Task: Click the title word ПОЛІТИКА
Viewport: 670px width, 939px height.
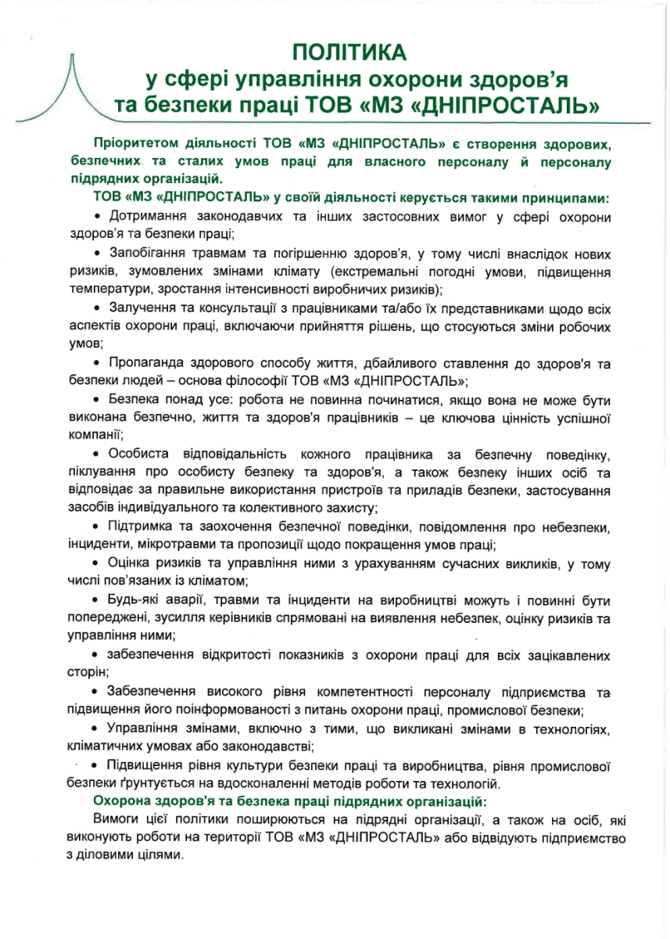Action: pyautogui.click(x=350, y=52)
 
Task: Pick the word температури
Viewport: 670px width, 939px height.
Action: pyautogui.click(x=104, y=289)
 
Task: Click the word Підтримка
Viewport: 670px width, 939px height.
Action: pyautogui.click(x=141, y=526)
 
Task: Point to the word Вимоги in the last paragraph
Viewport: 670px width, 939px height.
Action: pyautogui.click(x=115, y=819)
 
